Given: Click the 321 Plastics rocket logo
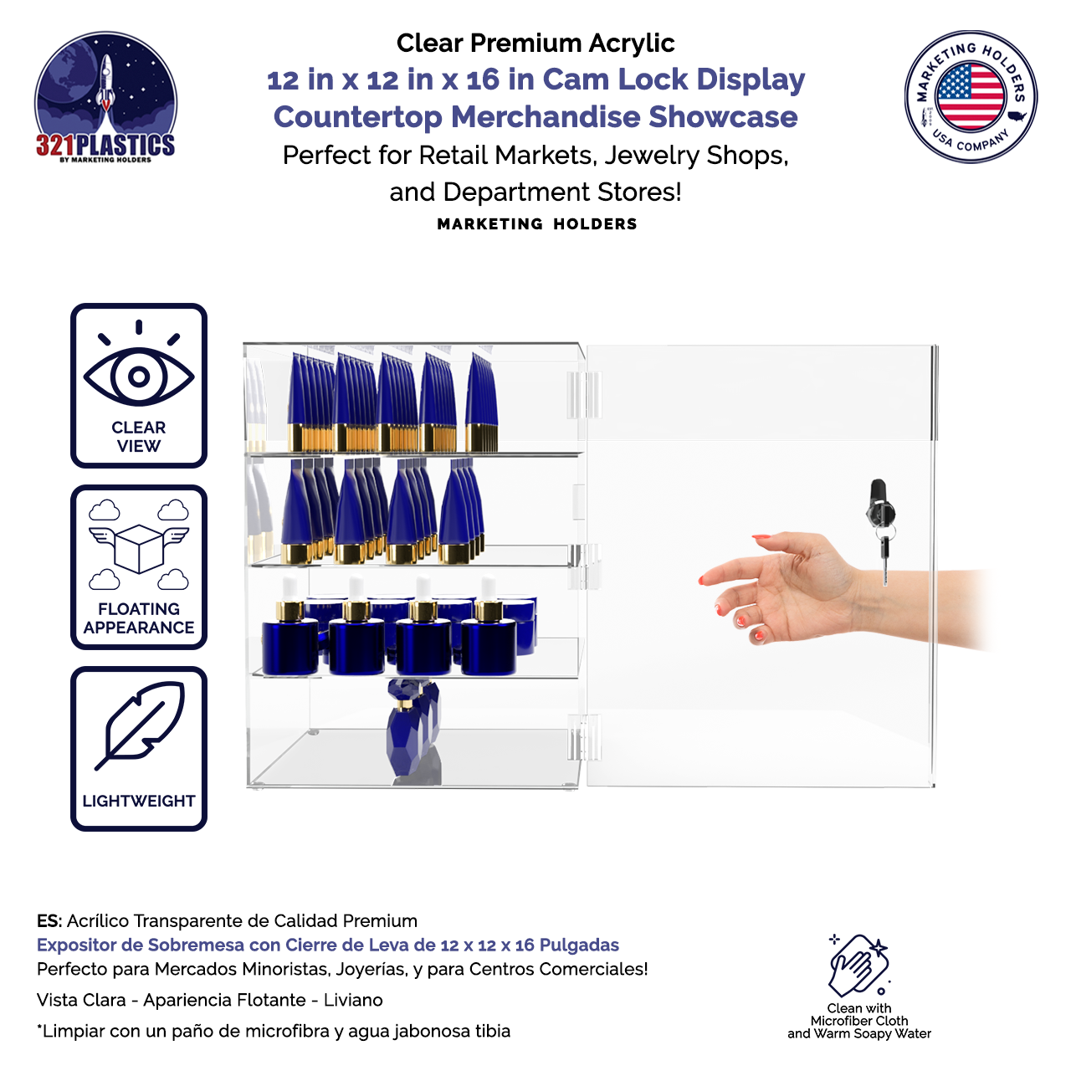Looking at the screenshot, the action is coord(105,97).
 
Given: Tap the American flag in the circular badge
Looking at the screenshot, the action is coord(970,96).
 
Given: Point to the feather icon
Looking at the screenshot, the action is coord(140,725).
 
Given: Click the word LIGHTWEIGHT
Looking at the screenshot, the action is coord(138,801).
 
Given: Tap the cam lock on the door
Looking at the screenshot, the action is coord(879,504).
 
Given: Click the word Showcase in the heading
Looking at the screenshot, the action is coord(723,116).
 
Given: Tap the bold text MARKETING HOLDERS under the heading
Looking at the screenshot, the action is coord(536,224).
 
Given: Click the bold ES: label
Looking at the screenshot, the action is coord(49,921).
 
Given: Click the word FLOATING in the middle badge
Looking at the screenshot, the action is coord(138,609).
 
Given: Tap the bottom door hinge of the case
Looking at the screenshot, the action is coord(583,737).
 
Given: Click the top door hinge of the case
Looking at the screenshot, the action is coord(583,395).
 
